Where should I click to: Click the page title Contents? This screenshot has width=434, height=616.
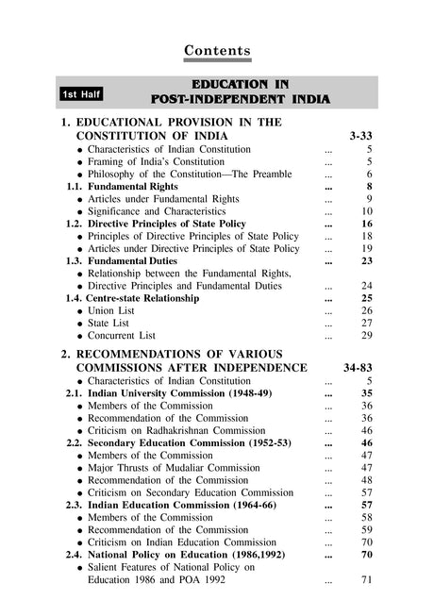217,49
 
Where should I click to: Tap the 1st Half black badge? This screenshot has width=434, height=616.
81,94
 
